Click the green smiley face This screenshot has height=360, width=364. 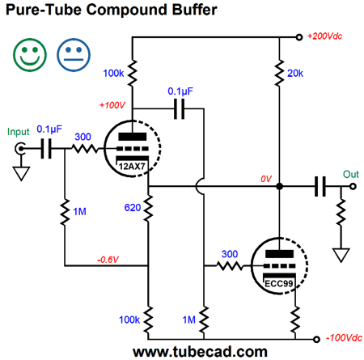(x=30, y=55)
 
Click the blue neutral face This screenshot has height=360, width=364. (x=74, y=55)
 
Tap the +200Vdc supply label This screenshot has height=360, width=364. (x=325, y=36)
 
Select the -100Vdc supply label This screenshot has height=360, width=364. (x=344, y=338)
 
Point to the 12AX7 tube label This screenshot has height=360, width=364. (x=132, y=167)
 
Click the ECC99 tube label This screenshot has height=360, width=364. (x=279, y=284)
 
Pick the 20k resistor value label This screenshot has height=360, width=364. (x=295, y=73)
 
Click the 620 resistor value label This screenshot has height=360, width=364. (x=133, y=208)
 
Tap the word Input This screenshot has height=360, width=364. (x=18, y=132)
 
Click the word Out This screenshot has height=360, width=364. (x=351, y=175)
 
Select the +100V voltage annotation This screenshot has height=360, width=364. (x=112, y=105)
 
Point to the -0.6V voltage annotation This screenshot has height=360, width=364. (x=108, y=260)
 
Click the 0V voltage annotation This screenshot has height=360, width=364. (x=266, y=179)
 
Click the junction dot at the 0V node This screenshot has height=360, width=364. (x=279, y=186)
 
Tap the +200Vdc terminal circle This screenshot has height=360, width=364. (x=299, y=37)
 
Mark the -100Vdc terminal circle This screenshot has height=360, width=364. (x=317, y=339)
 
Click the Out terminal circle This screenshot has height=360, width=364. (x=353, y=186)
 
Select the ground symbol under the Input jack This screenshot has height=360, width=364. (x=21, y=173)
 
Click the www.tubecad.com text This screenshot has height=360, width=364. (x=200, y=352)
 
